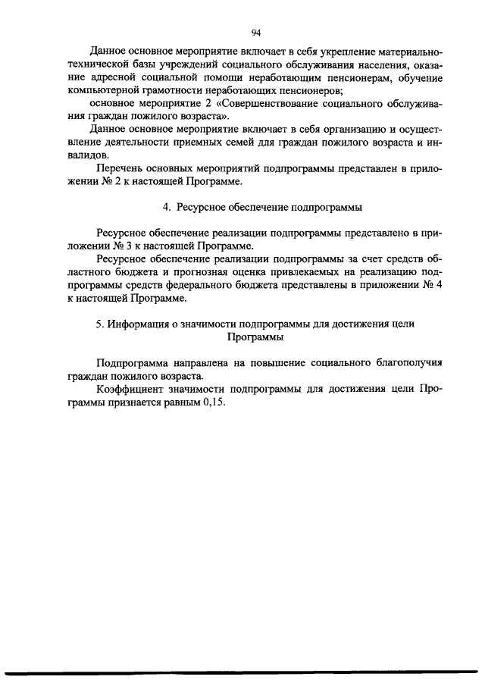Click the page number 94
(x=256, y=32)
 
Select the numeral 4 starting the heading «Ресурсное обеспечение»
(x=167, y=208)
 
